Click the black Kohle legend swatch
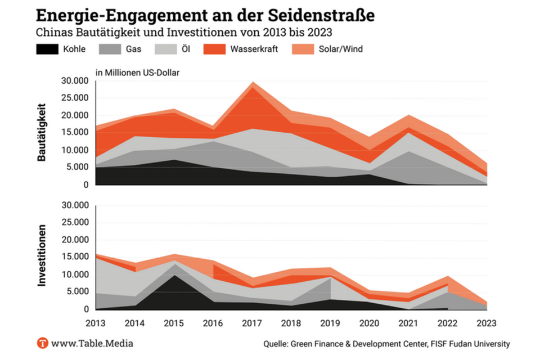point(47,49)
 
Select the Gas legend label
point(133,49)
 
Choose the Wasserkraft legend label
point(254,49)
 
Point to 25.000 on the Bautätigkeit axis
point(74,98)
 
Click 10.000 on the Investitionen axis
point(74,274)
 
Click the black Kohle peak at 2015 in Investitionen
point(174,277)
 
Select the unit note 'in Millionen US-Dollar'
point(138,72)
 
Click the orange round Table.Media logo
point(43,343)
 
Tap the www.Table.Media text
point(92,343)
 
